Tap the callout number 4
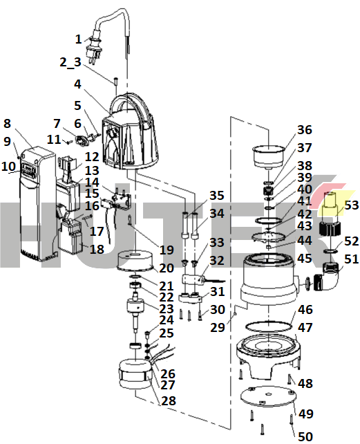tap(77, 84)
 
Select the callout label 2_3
tap(70, 62)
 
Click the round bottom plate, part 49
tap(267, 396)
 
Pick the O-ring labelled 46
tap(268, 326)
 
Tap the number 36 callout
tap(304, 130)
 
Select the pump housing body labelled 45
tap(268, 279)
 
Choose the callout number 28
tap(169, 400)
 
